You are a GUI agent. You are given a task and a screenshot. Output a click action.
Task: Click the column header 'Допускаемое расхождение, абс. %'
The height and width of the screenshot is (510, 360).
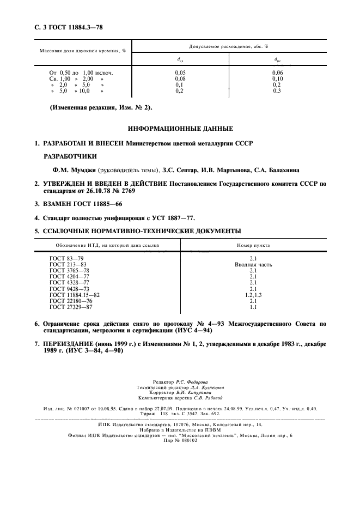pos(228,47)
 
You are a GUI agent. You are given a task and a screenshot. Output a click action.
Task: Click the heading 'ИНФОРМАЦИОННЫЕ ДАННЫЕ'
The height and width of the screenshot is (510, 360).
pos(180,129)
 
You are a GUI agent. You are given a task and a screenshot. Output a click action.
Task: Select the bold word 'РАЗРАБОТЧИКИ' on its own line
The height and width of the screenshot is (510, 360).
pos(68,155)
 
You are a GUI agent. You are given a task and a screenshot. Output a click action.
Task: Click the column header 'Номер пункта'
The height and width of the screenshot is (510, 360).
pos(253,245)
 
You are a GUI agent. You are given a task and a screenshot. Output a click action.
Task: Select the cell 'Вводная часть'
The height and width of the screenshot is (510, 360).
pos(253,265)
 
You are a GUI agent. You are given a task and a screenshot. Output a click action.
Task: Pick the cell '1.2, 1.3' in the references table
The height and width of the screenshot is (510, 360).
pos(253,295)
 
